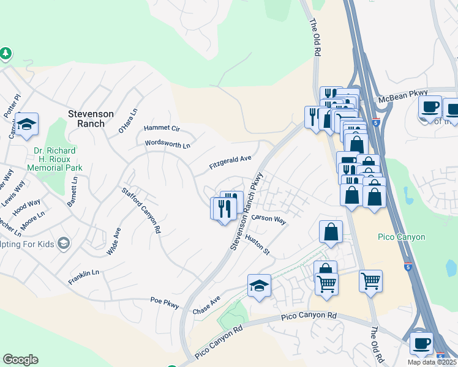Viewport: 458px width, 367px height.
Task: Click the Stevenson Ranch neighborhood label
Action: tap(91, 119)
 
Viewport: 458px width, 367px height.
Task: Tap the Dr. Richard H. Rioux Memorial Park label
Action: tap(55, 158)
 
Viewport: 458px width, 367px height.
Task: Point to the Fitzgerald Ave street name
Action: tap(230, 162)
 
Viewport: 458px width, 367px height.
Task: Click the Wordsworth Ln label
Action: tap(167, 145)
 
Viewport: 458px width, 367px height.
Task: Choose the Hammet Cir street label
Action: tap(162, 128)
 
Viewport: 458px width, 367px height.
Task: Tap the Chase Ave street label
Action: tap(206, 307)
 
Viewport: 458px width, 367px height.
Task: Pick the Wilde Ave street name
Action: tap(113, 242)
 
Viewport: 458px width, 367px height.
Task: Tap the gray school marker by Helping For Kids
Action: tap(63, 243)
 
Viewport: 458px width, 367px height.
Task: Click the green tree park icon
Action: tap(6, 54)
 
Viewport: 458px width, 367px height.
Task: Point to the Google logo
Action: tap(20, 360)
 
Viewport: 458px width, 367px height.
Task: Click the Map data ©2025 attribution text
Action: tap(432, 362)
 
